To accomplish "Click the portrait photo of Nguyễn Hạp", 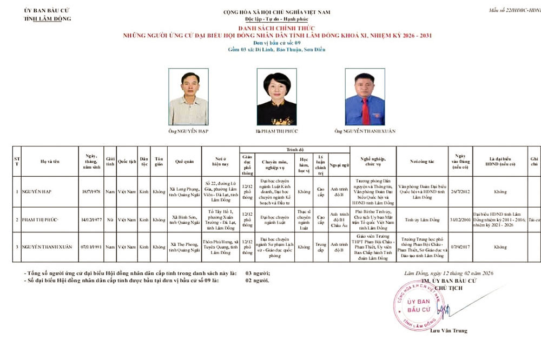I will [188, 97].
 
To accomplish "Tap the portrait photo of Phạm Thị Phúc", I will [276, 97].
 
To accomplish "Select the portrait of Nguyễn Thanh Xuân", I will [365, 97].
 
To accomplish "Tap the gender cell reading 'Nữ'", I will [110, 220].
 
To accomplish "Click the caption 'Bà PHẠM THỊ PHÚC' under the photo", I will [276, 131].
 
